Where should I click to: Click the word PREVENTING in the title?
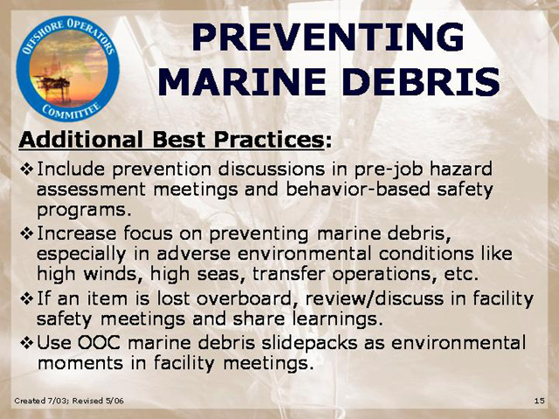click(328, 37)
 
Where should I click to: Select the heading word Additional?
click(81, 140)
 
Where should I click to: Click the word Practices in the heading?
click(269, 140)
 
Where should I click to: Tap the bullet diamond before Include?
click(27, 168)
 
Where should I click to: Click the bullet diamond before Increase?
click(27, 234)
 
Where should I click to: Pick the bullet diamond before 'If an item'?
click(27, 299)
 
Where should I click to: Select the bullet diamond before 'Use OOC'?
click(27, 343)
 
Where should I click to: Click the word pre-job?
click(388, 169)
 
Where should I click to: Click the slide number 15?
click(540, 401)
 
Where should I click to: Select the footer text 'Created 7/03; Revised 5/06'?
click(69, 401)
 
